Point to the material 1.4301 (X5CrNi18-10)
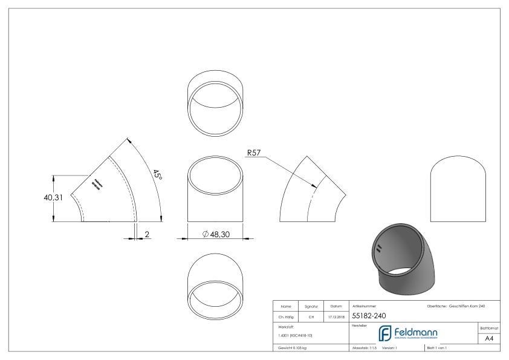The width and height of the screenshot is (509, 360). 294,335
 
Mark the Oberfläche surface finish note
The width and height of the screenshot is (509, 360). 455,306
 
